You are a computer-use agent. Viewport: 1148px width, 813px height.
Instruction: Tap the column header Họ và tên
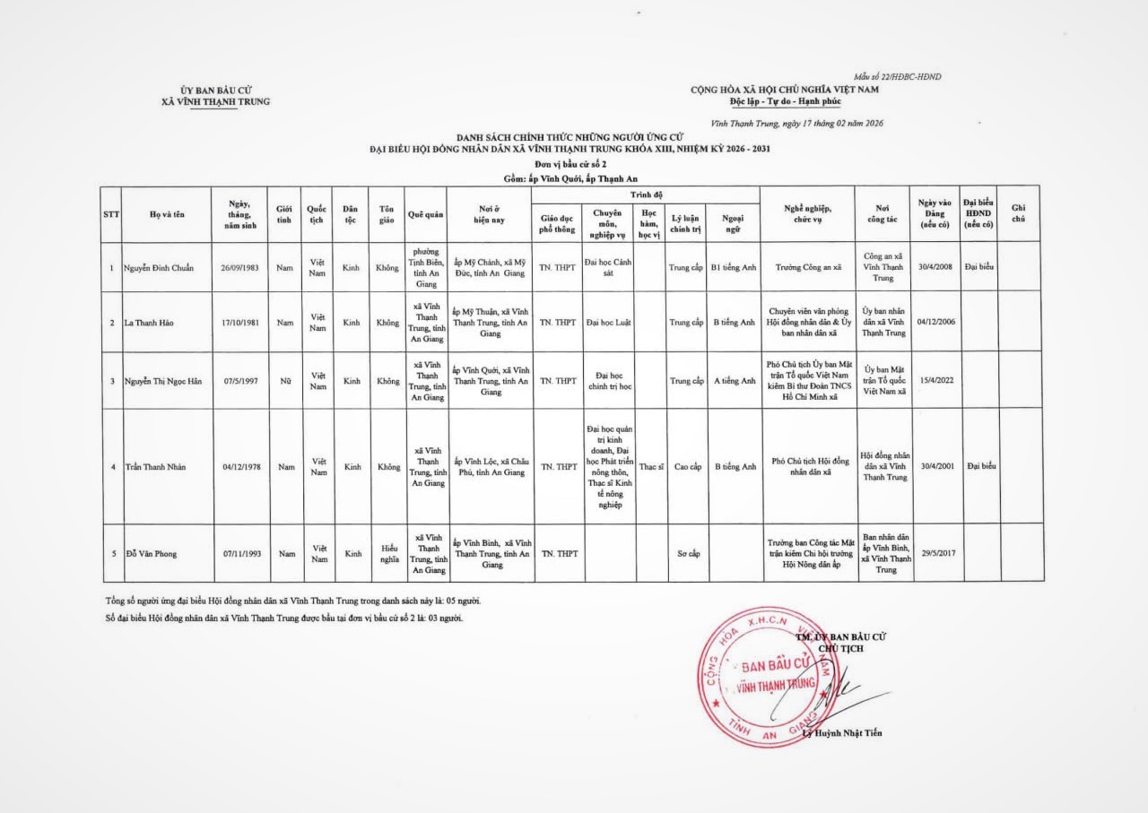[x=167, y=214]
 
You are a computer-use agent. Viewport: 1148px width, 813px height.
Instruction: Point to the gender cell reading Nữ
[x=285, y=381]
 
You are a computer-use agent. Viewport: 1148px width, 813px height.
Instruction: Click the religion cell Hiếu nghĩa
[x=388, y=553]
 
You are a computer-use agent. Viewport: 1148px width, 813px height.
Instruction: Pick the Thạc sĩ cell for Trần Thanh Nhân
[x=652, y=466]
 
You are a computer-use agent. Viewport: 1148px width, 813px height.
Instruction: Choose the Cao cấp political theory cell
[x=687, y=466]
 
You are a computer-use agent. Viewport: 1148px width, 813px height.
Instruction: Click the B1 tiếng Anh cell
[x=734, y=268]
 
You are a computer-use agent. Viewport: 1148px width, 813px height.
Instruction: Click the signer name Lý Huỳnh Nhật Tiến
[x=842, y=733]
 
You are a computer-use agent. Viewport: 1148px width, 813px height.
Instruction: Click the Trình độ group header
[x=646, y=194]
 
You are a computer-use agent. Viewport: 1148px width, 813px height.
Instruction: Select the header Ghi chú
[x=1018, y=214]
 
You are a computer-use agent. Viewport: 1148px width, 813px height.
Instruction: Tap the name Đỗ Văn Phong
[x=151, y=553]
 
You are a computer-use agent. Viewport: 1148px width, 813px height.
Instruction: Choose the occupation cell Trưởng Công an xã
[x=807, y=268]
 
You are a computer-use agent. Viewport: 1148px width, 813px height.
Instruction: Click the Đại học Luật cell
[x=609, y=322]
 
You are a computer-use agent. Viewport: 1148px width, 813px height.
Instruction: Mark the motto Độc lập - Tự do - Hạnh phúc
[x=785, y=101]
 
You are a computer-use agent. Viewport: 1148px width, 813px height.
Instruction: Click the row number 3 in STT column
[x=111, y=381]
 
